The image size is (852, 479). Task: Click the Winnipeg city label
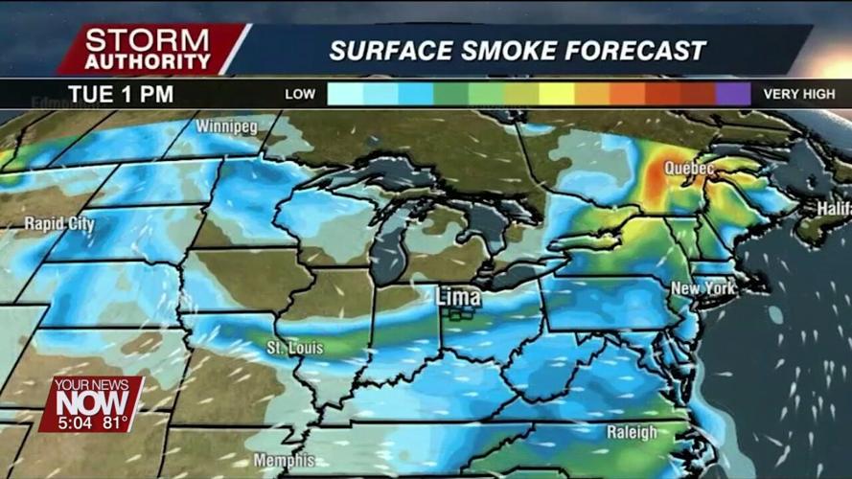pos(226,125)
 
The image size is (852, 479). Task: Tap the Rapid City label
pos(59,224)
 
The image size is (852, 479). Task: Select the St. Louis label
pos(295,348)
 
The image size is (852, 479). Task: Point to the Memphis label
pos(284,461)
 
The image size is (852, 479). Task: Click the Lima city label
pos(458,297)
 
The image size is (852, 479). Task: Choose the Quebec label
pos(689,169)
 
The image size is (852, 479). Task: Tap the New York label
pos(702,288)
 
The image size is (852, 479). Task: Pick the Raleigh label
pos(632,433)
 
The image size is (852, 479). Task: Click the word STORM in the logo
pos(147,40)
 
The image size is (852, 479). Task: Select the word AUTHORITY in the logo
pos(147,60)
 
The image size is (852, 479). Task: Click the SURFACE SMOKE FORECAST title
pos(518,50)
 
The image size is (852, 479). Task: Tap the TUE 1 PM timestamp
pos(121,94)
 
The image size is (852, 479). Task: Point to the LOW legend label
pos(300,94)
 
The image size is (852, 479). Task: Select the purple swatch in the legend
pos(733,94)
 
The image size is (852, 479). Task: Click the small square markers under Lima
pos(462,313)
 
